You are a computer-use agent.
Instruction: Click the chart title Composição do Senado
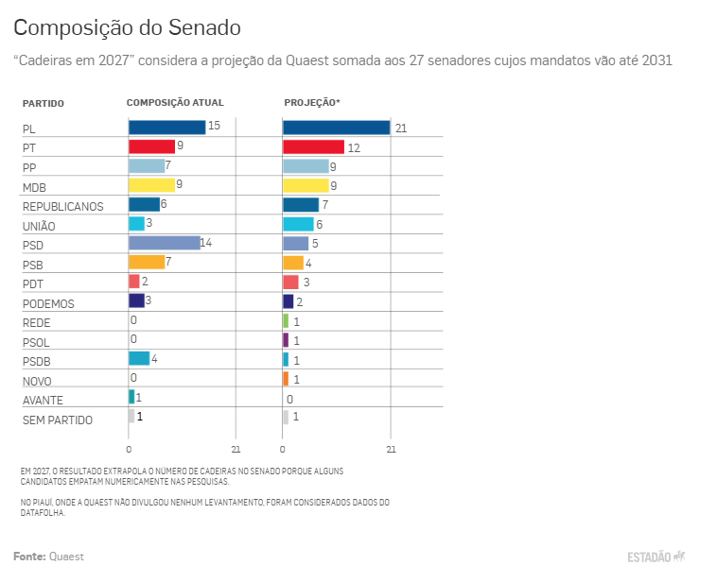pyautogui.click(x=127, y=27)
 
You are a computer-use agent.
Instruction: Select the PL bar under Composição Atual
pyautogui.click(x=166, y=128)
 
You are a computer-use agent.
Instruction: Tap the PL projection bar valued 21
pyautogui.click(x=337, y=128)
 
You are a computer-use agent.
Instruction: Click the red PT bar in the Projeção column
pyautogui.click(x=314, y=146)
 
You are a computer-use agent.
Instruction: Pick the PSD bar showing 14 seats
pyautogui.click(x=165, y=243)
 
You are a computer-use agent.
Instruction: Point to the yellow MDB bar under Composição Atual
pyautogui.click(x=151, y=185)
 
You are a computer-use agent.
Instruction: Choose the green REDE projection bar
pyautogui.click(x=286, y=320)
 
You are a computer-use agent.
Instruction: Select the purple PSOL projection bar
pyautogui.click(x=286, y=340)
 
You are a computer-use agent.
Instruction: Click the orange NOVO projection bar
pyautogui.click(x=286, y=379)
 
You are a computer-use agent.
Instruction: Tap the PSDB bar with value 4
pyautogui.click(x=139, y=359)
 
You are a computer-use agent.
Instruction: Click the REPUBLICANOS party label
pyautogui.click(x=63, y=207)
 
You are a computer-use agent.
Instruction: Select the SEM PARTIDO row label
pyautogui.click(x=58, y=420)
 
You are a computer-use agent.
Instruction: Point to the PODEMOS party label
pyautogui.click(x=48, y=304)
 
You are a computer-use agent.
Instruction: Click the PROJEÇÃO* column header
pyautogui.click(x=312, y=103)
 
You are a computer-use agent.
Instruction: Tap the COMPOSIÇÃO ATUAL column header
pyautogui.click(x=175, y=103)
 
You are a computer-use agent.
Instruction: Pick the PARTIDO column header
pyautogui.click(x=44, y=104)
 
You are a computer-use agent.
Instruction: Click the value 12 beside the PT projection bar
pyautogui.click(x=354, y=148)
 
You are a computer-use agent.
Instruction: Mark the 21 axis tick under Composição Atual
pyautogui.click(x=236, y=450)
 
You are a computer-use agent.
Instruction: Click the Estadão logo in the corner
pyautogui.click(x=656, y=557)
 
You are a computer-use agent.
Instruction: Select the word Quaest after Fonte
pyautogui.click(x=67, y=557)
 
